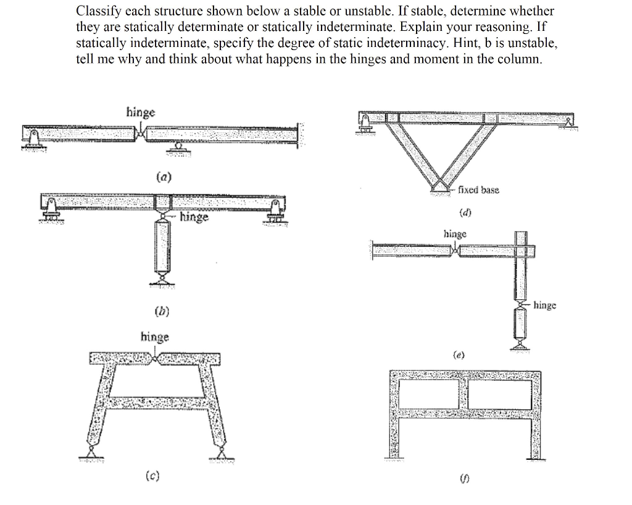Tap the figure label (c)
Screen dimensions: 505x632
pyautogui.click(x=151, y=476)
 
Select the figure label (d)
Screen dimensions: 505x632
pyautogui.click(x=466, y=214)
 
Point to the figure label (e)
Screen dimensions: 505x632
pyautogui.click(x=458, y=355)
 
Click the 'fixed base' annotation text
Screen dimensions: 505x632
pyautogui.click(x=479, y=190)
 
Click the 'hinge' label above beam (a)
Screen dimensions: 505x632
pyautogui.click(x=141, y=112)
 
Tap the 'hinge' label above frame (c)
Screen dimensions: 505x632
pyautogui.click(x=154, y=336)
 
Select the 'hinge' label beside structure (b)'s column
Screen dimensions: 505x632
pyautogui.click(x=194, y=217)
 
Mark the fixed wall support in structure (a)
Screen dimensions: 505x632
pyautogui.click(x=300, y=134)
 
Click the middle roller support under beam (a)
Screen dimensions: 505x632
pyautogui.click(x=179, y=149)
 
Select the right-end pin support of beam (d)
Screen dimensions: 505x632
pyautogui.click(x=566, y=123)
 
